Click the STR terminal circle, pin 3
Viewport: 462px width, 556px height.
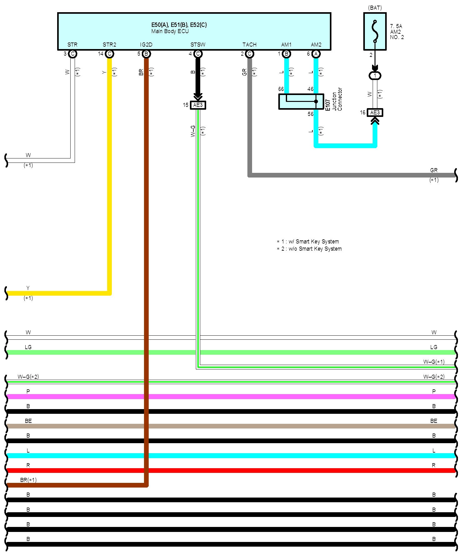72,54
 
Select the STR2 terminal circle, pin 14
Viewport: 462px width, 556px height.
109,54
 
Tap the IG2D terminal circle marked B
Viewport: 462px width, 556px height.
146,54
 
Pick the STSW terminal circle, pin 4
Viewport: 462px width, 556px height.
198,54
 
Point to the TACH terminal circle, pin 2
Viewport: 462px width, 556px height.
249,54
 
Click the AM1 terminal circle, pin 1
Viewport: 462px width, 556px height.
286,54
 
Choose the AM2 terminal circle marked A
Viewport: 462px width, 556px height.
316,54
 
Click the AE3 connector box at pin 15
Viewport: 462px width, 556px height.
198,105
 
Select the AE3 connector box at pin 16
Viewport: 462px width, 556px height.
375,113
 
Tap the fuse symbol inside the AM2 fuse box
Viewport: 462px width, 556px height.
375,31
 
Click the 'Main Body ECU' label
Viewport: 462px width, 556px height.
170,31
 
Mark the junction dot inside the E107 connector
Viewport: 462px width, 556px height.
316,102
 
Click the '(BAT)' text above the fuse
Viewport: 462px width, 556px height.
375,8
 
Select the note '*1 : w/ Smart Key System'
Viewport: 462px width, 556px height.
308,242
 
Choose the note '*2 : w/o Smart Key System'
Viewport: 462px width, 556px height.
309,249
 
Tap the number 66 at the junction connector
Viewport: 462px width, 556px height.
281,89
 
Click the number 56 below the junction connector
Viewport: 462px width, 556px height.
310,114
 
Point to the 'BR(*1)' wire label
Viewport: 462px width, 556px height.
28,480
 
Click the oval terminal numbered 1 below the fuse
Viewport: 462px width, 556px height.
375,76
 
